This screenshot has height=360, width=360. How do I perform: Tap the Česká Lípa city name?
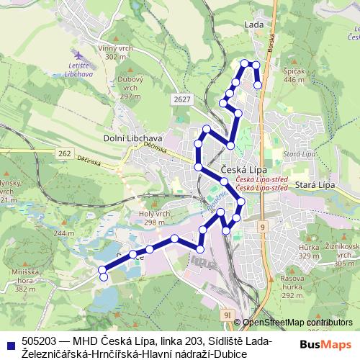click(x=242, y=169)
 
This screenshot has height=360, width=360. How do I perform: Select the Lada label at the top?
click(x=253, y=24)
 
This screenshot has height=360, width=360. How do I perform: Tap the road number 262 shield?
click(x=65, y=153)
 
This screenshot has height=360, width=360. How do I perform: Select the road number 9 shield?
click(x=264, y=227)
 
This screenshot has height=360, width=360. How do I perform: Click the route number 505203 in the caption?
click(x=39, y=340)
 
